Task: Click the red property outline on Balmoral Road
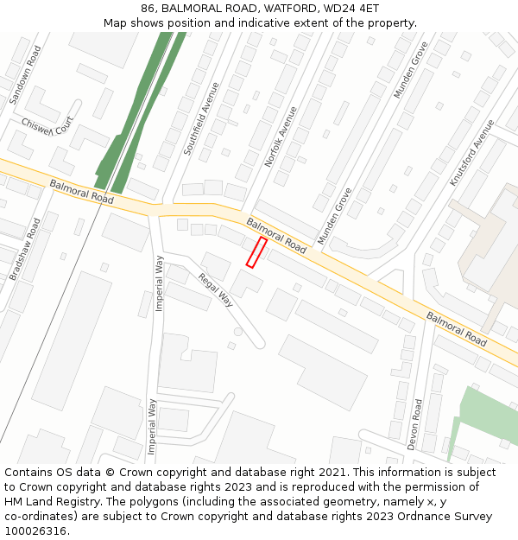pyautogui.click(x=256, y=252)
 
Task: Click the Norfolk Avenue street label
pyautogui.click(x=281, y=137)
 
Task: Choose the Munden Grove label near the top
pyautogui.click(x=410, y=69)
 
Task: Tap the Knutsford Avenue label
pyautogui.click(x=471, y=153)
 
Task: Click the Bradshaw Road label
pyautogui.click(x=25, y=249)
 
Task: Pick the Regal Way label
pyautogui.click(x=216, y=289)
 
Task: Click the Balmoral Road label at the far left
pyautogui.click(x=81, y=192)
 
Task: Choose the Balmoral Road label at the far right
pyautogui.click(x=456, y=328)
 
